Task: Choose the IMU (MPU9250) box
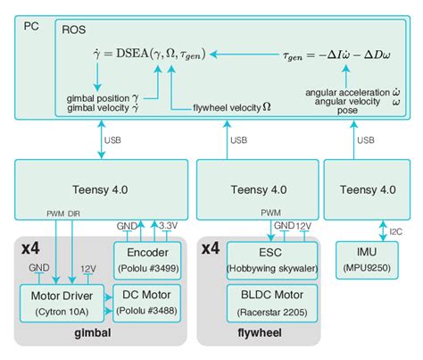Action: [362, 259]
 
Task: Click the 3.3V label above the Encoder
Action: [169, 227]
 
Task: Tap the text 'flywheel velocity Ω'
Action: [231, 106]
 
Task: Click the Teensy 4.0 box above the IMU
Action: [362, 188]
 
